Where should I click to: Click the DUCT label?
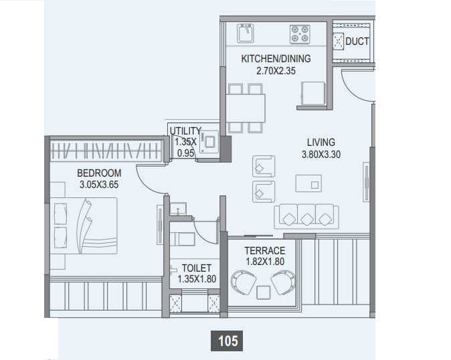pos(357,41)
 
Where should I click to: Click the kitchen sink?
pos(245,33)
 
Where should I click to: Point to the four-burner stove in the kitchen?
pos(298,34)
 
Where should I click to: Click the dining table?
pos(246,108)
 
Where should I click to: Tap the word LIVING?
pos(321,143)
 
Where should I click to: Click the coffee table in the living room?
pos(308,183)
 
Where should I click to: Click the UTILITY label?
pos(185,130)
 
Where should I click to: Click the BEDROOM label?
pos(98,173)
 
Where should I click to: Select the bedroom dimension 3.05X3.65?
pos(99,184)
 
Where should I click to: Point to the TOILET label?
pos(196,268)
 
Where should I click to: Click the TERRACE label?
pos(264,250)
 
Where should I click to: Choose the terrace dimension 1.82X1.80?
pos(264,262)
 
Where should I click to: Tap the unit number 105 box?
pos(228,341)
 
